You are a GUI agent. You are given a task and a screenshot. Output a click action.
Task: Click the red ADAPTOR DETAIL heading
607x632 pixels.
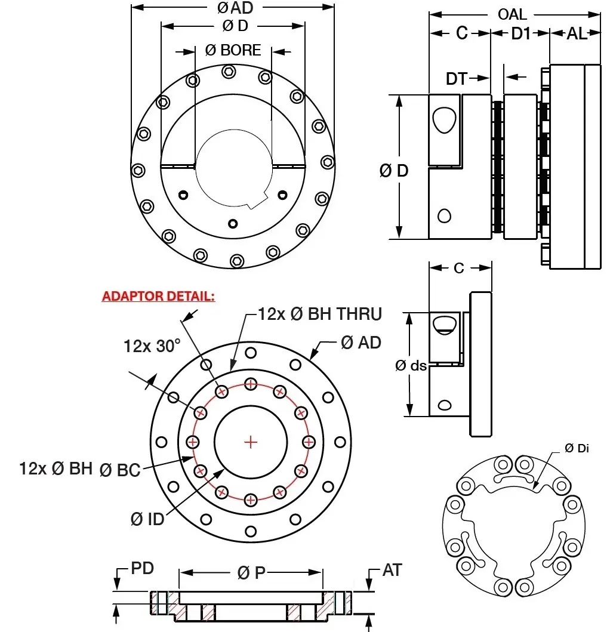coord(158,296)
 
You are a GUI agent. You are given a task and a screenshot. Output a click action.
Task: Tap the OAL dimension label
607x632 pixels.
coord(513,14)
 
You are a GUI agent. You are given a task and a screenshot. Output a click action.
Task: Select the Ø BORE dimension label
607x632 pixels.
coord(233,51)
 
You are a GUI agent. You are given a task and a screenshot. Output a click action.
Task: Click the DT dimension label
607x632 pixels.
coord(457,78)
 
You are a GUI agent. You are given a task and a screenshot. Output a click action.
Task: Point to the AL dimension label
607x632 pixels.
coord(576,33)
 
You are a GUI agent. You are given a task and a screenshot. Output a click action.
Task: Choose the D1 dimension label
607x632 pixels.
coord(520,33)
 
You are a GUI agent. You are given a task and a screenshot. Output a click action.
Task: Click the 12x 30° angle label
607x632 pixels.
coord(152,346)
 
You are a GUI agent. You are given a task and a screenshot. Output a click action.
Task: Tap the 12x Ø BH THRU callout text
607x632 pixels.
coord(320,313)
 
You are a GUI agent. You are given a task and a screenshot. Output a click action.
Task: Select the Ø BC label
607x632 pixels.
coord(120,470)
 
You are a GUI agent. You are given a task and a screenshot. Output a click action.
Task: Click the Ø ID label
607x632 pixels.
coord(147,519)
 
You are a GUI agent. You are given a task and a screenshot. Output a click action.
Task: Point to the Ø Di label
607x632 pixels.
coord(577,448)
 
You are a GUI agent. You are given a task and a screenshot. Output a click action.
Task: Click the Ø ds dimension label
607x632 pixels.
coord(411,365)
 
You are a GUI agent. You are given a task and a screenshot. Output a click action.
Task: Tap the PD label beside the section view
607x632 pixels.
coord(142,568)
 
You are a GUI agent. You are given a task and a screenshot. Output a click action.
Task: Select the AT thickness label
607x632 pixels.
coord(392,571)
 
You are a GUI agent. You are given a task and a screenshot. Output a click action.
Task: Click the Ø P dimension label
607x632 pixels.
coord(251,573)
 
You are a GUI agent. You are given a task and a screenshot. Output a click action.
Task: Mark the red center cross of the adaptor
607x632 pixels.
coord(251,442)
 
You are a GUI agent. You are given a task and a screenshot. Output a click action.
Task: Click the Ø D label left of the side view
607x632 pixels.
coord(395,171)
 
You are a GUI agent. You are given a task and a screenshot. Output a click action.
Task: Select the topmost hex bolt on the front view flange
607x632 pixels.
coord(229,72)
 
